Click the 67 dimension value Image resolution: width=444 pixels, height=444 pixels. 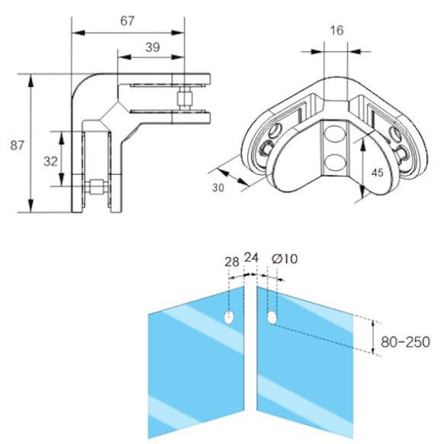click(127, 21)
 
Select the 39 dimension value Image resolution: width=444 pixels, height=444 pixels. click(151, 47)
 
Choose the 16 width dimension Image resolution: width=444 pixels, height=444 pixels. click(337, 31)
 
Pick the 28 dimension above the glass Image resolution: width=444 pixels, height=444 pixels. click(232, 262)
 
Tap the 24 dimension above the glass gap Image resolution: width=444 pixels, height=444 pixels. click(251, 257)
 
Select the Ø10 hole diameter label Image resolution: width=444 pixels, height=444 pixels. click(285, 259)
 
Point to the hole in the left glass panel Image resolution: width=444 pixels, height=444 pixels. click(229, 317)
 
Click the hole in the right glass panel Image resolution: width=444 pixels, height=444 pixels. click(272, 317)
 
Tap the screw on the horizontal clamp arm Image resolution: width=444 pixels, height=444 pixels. click(183, 98)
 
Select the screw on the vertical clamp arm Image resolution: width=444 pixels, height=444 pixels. click(95, 185)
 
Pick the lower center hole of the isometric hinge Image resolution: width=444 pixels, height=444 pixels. click(334, 162)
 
